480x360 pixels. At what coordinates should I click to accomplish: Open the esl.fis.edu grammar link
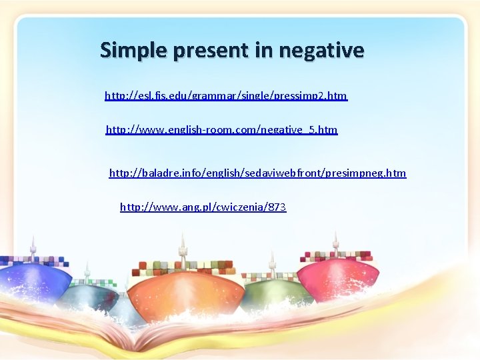(x=226, y=96)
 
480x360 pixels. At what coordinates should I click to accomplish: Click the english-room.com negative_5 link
(x=221, y=129)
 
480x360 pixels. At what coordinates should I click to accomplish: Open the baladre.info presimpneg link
(x=257, y=173)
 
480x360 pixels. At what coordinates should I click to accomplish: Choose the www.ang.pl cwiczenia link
(x=203, y=207)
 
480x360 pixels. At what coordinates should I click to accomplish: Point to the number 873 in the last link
(x=277, y=207)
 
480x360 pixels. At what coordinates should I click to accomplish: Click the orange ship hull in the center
(x=187, y=293)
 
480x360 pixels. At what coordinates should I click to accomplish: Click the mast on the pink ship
(x=335, y=241)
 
